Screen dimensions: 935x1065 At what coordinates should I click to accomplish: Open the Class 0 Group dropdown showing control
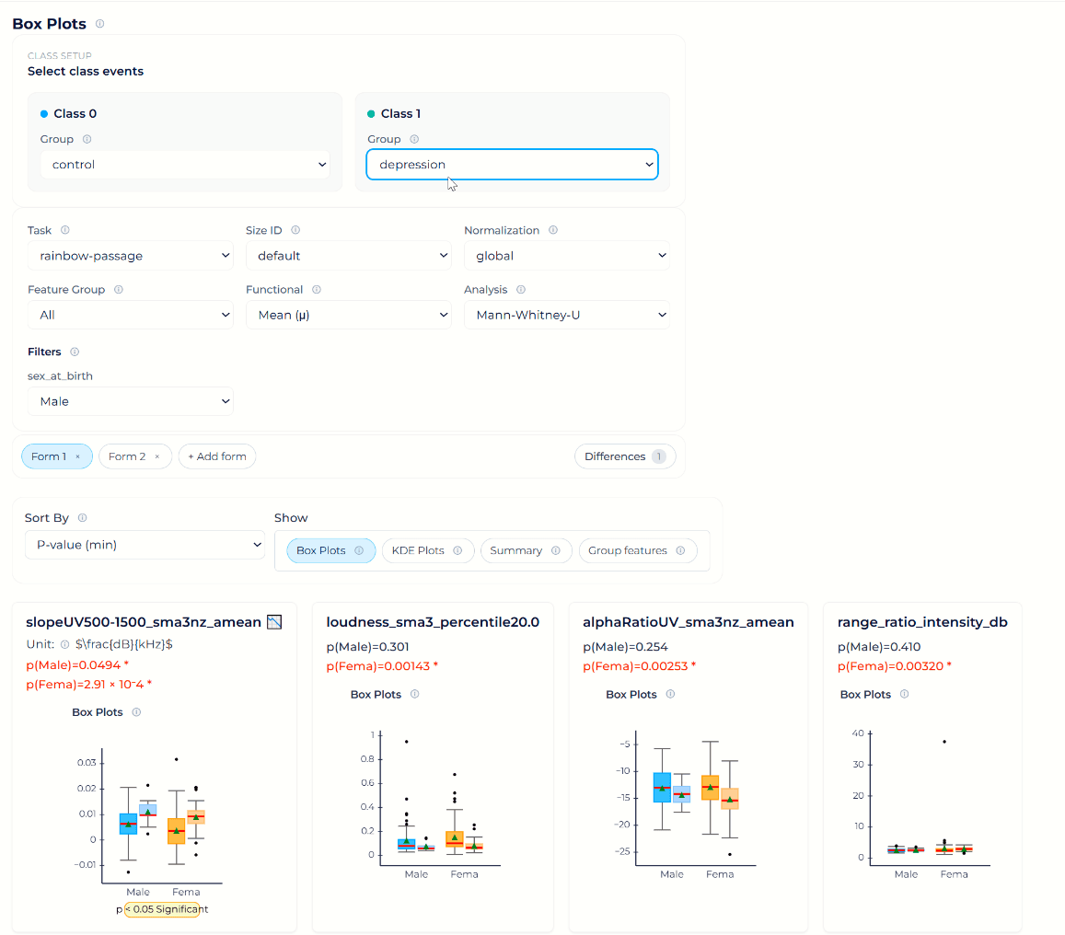click(184, 165)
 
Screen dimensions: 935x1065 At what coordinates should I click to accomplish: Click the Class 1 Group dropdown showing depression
click(512, 165)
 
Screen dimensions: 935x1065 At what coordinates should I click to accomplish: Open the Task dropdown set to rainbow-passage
click(130, 256)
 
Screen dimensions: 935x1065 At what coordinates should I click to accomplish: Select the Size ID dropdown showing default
click(348, 256)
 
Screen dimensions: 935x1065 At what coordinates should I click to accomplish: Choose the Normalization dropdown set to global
click(566, 256)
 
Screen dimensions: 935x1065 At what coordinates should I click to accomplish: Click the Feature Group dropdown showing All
click(130, 315)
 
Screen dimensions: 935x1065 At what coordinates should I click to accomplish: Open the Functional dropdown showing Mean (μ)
click(348, 315)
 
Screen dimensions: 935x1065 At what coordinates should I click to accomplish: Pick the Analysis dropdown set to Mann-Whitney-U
click(566, 315)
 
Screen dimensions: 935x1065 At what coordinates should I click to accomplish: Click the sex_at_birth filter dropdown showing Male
click(130, 401)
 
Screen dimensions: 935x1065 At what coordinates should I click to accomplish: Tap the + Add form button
click(217, 456)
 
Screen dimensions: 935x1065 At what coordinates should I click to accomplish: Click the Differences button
click(624, 456)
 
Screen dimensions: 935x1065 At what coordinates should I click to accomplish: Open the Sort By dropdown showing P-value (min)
click(144, 545)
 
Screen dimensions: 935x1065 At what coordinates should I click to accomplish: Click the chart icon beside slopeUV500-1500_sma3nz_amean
click(274, 623)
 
